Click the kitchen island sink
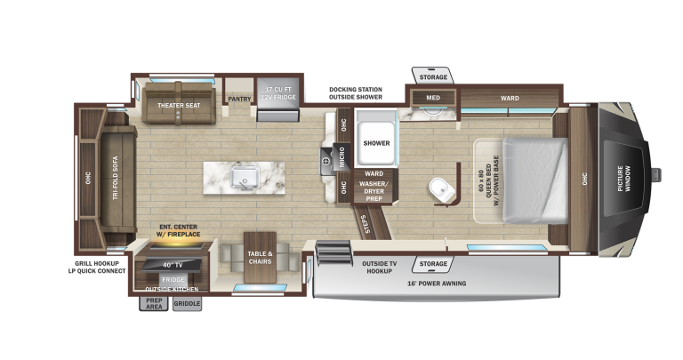pyautogui.click(x=245, y=178)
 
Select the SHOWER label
pyautogui.click(x=376, y=143)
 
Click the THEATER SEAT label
pyautogui.click(x=179, y=106)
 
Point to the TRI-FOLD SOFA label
pyautogui.click(x=116, y=178)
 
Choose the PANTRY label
pyautogui.click(x=239, y=100)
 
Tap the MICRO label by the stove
pyautogui.click(x=341, y=157)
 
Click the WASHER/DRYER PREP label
pyautogui.click(x=374, y=191)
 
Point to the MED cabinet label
pyautogui.click(x=433, y=98)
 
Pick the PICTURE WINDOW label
pyautogui.click(x=623, y=178)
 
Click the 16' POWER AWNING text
pyautogui.click(x=437, y=284)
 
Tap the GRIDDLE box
pyautogui.click(x=187, y=303)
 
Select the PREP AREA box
pyautogui.click(x=154, y=303)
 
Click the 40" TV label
pyautogui.click(x=173, y=265)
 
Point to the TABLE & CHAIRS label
pyautogui.click(x=260, y=258)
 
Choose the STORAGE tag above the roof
pyautogui.click(x=433, y=77)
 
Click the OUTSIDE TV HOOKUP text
pyautogui.click(x=379, y=268)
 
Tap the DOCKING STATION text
pyautogui.click(x=356, y=89)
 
